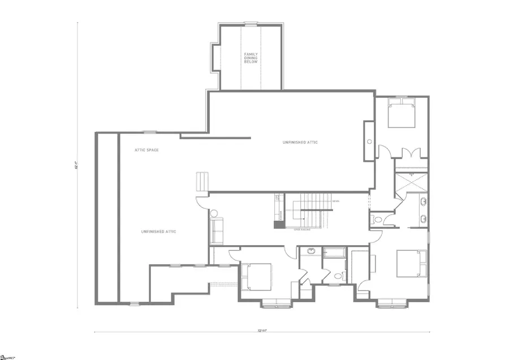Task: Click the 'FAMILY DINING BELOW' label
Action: pos(251,58)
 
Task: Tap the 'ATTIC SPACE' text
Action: pos(146,150)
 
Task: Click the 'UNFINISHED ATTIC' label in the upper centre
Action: pos(300,142)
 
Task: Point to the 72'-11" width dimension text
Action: pos(262,329)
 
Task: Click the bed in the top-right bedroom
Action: pos(400,114)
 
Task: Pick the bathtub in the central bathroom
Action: pos(334,253)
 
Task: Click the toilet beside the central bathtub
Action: pos(338,277)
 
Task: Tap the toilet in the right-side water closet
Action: pos(376,220)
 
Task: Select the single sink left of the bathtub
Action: pos(311,251)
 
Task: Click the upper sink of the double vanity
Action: pos(423,202)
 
